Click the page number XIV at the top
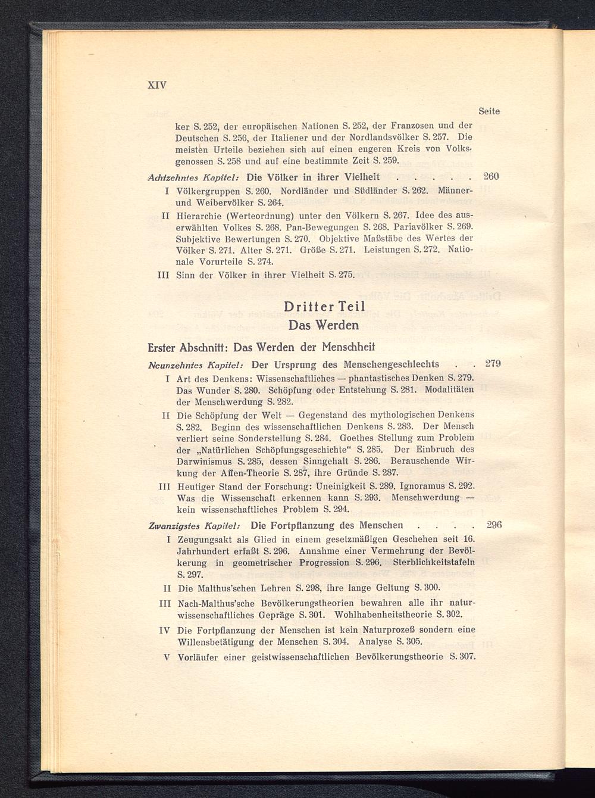point(157,85)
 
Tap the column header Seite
point(489,111)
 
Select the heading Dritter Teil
point(324,307)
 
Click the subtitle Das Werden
point(324,325)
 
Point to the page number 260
point(491,176)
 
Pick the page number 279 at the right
point(493,363)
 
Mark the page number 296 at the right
point(494,525)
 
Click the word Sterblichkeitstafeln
point(434,563)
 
